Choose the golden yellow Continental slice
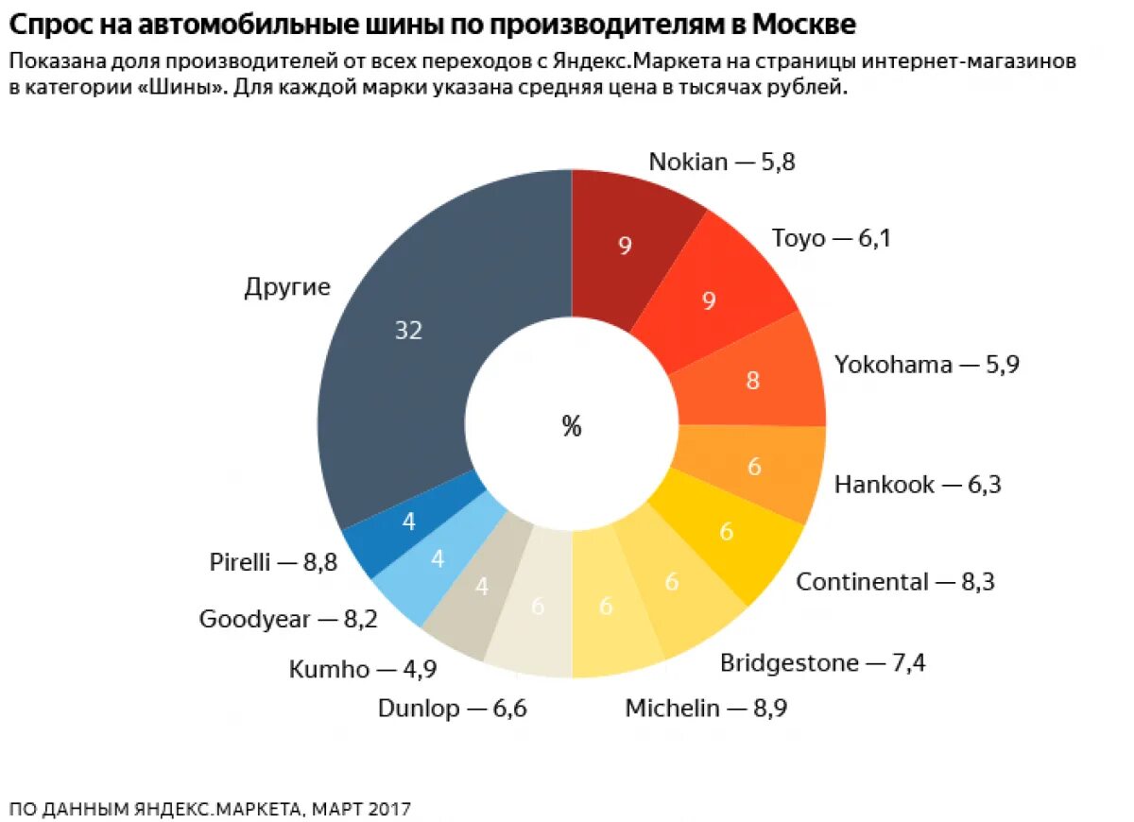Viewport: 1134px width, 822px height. point(726,532)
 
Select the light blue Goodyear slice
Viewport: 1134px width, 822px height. point(438,558)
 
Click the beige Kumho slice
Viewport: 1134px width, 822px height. point(481,587)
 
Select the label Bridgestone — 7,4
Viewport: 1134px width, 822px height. point(822,663)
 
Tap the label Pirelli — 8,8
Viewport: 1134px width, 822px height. point(273,563)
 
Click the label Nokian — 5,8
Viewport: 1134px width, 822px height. point(722,163)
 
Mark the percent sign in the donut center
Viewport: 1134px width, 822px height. point(572,427)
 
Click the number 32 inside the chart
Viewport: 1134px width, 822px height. point(408,331)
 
